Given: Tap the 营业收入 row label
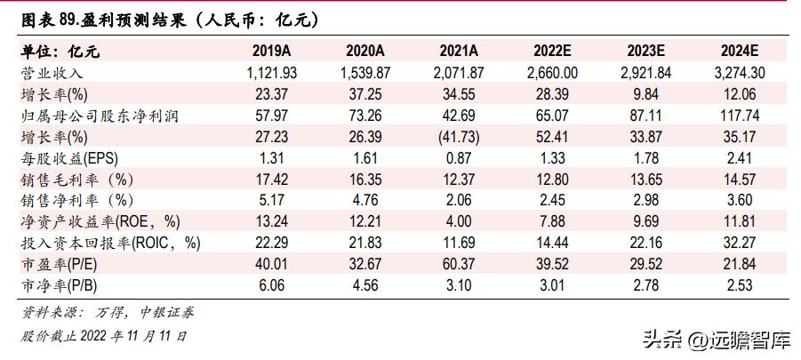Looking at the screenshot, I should [52, 72].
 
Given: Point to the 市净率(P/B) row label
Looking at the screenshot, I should [63, 285].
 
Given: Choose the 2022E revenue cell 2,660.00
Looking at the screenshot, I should [552, 72].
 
